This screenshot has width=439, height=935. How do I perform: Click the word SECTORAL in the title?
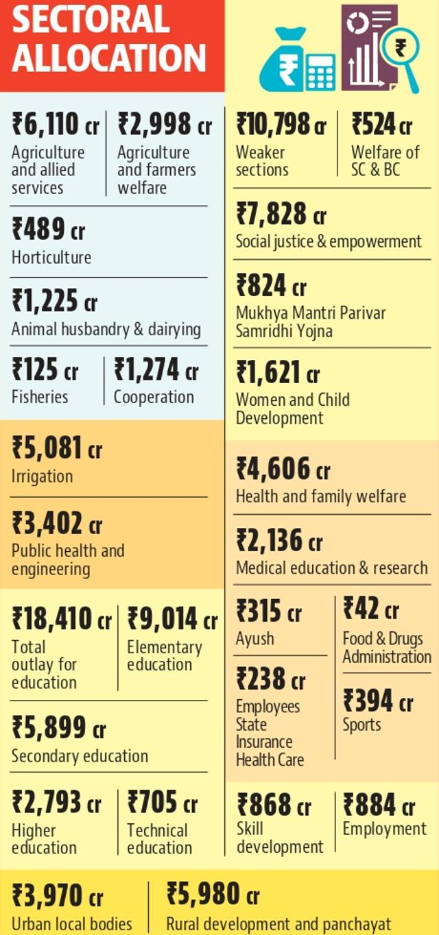(x=91, y=20)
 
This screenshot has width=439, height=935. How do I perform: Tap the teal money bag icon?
(x=281, y=60)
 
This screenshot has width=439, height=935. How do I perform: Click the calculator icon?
(x=320, y=72)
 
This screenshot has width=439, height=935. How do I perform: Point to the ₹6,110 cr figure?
(x=56, y=124)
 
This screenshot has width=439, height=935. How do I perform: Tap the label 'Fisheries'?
(x=40, y=397)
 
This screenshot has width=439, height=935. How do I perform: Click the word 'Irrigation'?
(x=43, y=476)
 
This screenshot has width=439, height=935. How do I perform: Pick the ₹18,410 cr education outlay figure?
(x=62, y=618)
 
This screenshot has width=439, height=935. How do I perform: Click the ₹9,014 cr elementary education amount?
(x=172, y=618)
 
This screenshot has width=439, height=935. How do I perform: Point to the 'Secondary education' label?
(x=80, y=756)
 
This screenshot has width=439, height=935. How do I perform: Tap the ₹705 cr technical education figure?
(x=163, y=801)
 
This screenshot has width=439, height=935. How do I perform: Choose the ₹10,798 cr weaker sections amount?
(x=281, y=124)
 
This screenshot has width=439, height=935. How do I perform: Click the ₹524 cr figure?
(x=382, y=124)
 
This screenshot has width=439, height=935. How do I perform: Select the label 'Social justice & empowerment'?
(x=329, y=242)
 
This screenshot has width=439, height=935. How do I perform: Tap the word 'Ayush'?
(x=254, y=639)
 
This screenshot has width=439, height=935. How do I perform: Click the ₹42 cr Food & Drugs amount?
(x=371, y=608)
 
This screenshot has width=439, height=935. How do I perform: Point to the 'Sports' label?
(x=361, y=725)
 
